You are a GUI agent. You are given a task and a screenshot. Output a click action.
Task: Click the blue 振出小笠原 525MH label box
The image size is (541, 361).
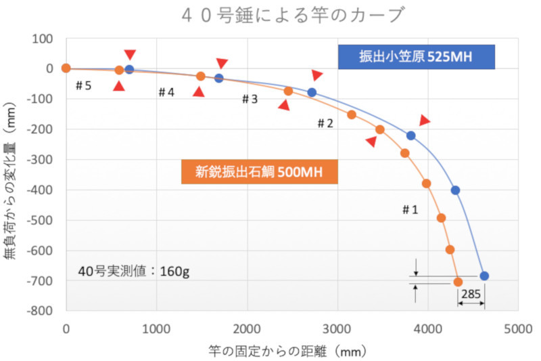click(x=417, y=57)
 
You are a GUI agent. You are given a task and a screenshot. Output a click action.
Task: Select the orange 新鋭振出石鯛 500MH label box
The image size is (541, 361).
click(x=260, y=171)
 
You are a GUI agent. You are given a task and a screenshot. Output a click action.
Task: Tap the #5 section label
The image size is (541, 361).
click(x=83, y=86)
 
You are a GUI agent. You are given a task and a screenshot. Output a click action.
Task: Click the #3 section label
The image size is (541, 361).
click(x=250, y=100)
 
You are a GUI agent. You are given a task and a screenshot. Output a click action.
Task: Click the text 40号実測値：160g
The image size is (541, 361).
click(x=133, y=272)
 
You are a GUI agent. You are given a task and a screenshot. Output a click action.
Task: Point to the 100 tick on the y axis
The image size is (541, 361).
click(x=45, y=39)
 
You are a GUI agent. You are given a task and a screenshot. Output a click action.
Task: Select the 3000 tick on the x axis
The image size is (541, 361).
click(x=337, y=326)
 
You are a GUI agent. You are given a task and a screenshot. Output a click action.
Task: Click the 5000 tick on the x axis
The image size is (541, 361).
click(x=519, y=326)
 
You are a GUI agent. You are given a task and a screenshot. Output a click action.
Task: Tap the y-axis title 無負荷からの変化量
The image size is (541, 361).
click(x=15, y=175)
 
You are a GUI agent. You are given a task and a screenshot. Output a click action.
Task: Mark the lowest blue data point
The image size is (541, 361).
click(x=484, y=276)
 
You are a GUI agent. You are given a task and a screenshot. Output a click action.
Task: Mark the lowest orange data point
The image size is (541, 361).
click(x=458, y=282)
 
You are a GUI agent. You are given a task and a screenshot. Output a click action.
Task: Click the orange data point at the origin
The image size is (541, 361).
click(x=66, y=68)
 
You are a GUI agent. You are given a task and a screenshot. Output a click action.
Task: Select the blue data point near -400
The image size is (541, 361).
click(x=456, y=190)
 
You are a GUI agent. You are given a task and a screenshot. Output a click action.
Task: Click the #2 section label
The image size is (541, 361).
click(x=325, y=123)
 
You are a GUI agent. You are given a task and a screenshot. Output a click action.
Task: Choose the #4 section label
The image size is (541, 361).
click(x=166, y=92)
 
